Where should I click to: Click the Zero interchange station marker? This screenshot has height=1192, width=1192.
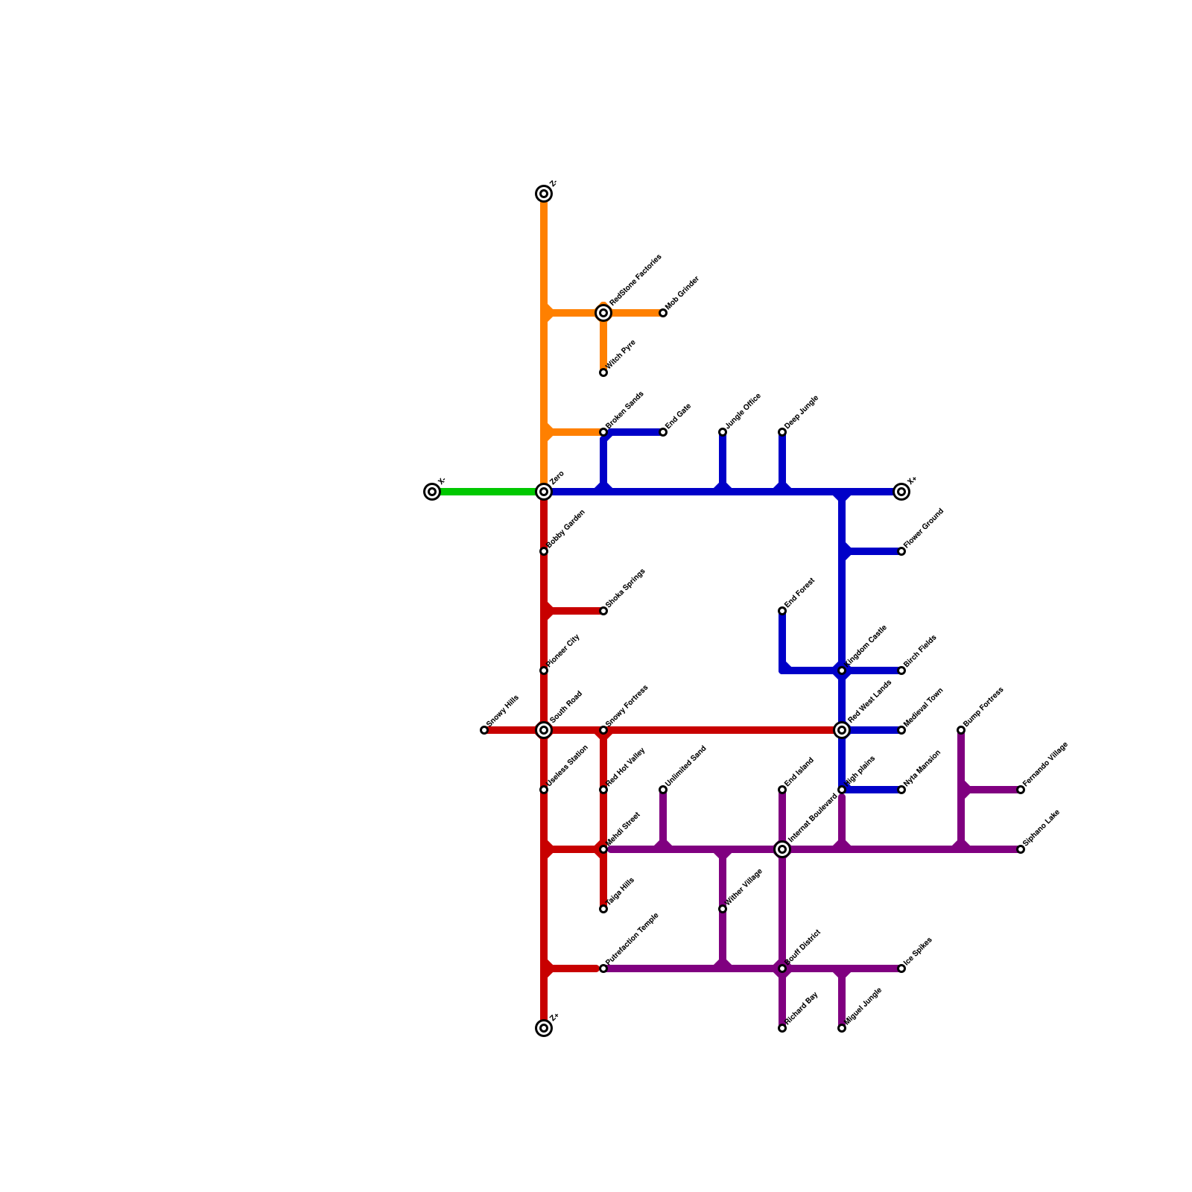click(x=544, y=492)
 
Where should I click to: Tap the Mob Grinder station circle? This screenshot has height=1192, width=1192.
click(x=663, y=313)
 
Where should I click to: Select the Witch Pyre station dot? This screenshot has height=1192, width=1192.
click(x=603, y=372)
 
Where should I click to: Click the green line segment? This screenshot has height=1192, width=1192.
click(x=488, y=492)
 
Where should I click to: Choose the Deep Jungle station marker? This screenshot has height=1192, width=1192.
click(x=782, y=432)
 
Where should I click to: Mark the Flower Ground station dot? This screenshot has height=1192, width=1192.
click(x=901, y=551)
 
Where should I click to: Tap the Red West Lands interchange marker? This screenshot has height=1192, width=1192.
click(x=842, y=730)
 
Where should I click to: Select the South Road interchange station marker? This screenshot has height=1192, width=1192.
click(x=544, y=730)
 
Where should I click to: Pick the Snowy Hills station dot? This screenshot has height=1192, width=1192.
click(x=484, y=730)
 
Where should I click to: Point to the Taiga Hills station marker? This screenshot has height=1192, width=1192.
click(x=603, y=909)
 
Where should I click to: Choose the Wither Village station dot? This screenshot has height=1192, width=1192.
click(x=723, y=909)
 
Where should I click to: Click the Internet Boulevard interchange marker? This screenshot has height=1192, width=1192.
click(x=782, y=849)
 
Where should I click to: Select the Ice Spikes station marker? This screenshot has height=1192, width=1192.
click(x=901, y=968)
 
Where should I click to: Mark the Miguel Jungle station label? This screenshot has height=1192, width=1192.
click(x=863, y=1008)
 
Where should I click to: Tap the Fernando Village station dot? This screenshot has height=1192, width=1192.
click(x=1021, y=790)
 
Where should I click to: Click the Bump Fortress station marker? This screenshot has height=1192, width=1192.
click(x=961, y=730)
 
